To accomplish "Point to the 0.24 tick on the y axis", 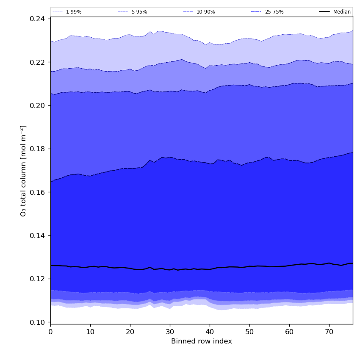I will coord(39,19).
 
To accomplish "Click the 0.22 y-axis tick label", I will coord(39,62).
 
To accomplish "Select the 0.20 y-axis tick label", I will coord(39,105).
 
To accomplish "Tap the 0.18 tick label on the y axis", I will coord(39,149).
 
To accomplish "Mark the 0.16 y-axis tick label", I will coord(39,192).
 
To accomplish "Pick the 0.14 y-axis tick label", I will coord(39,235).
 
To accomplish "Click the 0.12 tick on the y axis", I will coord(39,279).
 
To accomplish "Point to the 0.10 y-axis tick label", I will coord(39,322).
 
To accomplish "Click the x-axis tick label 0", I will coord(50,332).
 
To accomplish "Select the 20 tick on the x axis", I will coord(130,332).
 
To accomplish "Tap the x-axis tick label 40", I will coord(210,332).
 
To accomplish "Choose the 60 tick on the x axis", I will coord(289,332).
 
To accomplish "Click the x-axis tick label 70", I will coord(329,332).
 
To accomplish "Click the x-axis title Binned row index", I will coord(202,341).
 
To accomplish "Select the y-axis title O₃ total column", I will coord(24,170).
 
